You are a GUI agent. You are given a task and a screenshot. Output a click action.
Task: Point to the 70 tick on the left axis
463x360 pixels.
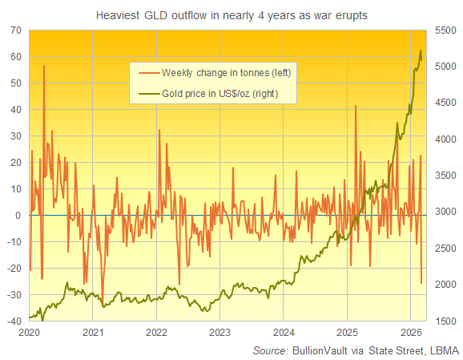coord(14,30)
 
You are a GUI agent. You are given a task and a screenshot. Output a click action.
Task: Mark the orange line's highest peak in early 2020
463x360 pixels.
coord(44,66)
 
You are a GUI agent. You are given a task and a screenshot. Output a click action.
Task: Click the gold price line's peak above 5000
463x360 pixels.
coord(421,51)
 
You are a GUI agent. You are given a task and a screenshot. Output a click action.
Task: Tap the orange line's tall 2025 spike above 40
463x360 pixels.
coord(356,105)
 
